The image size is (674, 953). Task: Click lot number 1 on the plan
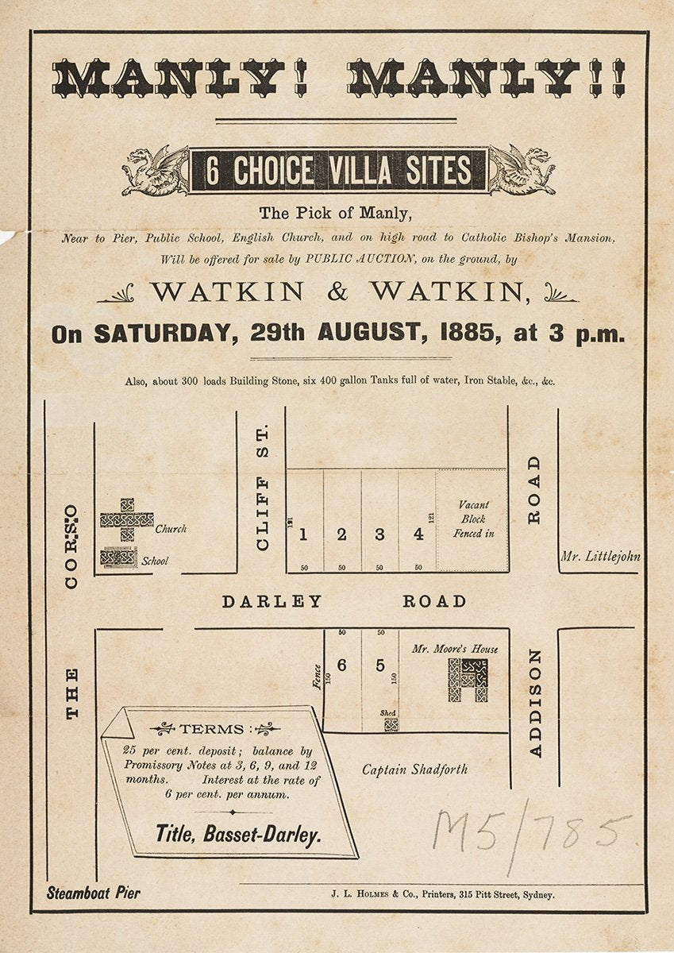click(x=302, y=534)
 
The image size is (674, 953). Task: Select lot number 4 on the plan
click(x=418, y=534)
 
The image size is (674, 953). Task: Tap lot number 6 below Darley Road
click(x=341, y=666)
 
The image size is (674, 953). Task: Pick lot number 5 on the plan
click(x=380, y=666)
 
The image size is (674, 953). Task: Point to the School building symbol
click(x=119, y=558)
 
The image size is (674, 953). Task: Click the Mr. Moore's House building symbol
click(x=468, y=681)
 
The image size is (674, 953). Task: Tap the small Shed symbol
click(x=391, y=724)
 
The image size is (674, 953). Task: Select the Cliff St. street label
click(x=263, y=487)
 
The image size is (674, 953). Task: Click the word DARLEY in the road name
click(x=272, y=601)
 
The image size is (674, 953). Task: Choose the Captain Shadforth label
click(x=414, y=769)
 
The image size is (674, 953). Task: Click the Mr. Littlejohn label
click(x=600, y=556)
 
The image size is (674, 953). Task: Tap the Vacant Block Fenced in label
click(x=473, y=519)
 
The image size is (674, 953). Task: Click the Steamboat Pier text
click(x=93, y=893)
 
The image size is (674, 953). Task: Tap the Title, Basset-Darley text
click(x=238, y=834)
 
